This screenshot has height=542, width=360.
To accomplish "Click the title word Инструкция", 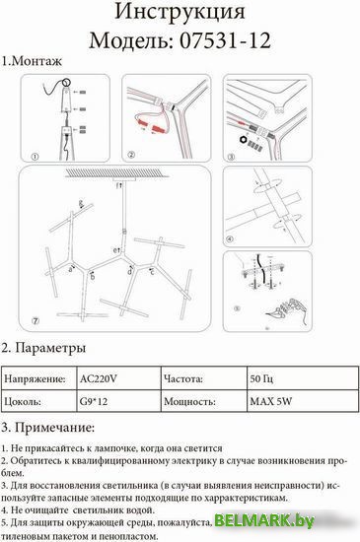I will pyautogui.click(x=180, y=13).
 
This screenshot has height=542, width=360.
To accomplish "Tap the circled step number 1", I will pyautogui.click(x=33, y=156).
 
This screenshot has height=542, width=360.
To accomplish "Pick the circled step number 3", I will pyautogui.click(x=231, y=156).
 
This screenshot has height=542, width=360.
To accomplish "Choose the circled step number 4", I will pyautogui.click(x=231, y=239).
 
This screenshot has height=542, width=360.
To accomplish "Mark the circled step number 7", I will pyautogui.click(x=34, y=322).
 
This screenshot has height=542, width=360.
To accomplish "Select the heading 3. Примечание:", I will pyautogui.click(x=48, y=427).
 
